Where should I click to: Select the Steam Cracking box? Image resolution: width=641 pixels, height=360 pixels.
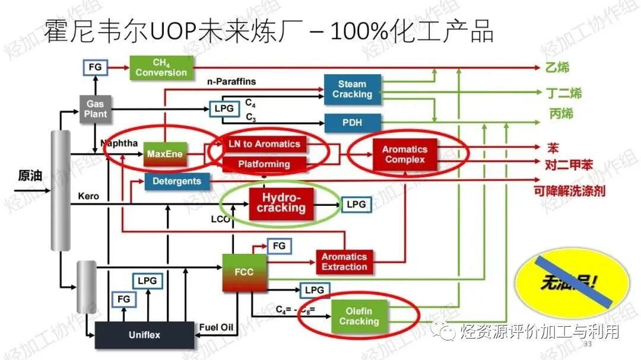pos(352,89)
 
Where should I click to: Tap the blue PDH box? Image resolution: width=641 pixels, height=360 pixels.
pos(352,123)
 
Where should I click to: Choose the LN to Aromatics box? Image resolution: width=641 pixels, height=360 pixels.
pos(265,144)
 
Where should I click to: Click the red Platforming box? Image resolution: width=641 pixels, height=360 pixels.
pos(265,164)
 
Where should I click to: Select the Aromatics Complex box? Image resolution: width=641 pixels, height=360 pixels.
pos(404,154)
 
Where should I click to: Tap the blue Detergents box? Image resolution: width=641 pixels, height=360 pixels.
pos(177,181)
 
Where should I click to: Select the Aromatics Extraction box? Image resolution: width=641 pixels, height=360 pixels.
pos(344,262)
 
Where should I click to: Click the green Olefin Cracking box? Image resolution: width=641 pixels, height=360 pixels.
pos(358,316)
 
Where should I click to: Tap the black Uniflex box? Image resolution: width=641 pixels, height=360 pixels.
pos(145,335)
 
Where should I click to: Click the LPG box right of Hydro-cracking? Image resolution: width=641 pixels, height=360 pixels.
pos(356,205)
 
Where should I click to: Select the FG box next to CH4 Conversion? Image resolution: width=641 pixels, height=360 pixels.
pos(95,67)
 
